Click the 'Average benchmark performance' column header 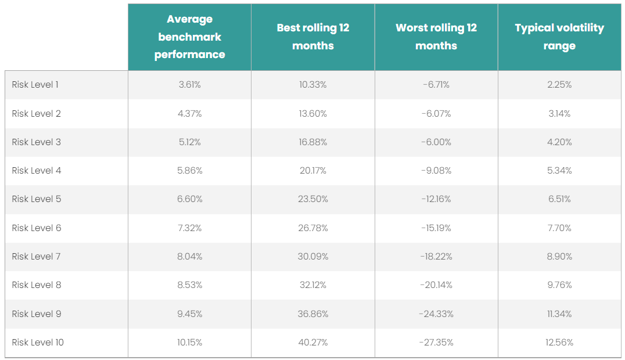tap(189, 37)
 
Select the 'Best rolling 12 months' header tap(313, 37)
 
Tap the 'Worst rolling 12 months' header tap(436, 37)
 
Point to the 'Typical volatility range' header tap(559, 37)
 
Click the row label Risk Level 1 tap(35, 85)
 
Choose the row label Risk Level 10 tap(38, 343)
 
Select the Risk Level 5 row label tap(37, 199)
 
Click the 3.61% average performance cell tap(189, 85)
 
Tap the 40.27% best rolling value tap(313, 343)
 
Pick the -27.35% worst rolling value tap(436, 343)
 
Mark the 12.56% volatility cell tap(559, 343)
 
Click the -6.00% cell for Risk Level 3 tap(436, 142)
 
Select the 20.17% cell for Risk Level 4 tap(313, 171)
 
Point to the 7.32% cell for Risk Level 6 tap(189, 228)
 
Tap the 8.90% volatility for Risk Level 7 tap(559, 257)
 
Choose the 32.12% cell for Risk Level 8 tap(313, 285)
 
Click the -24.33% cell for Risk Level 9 tap(436, 314)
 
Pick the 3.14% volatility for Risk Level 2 tap(559, 114)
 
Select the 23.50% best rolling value tap(313, 199)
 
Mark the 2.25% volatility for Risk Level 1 tap(559, 85)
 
